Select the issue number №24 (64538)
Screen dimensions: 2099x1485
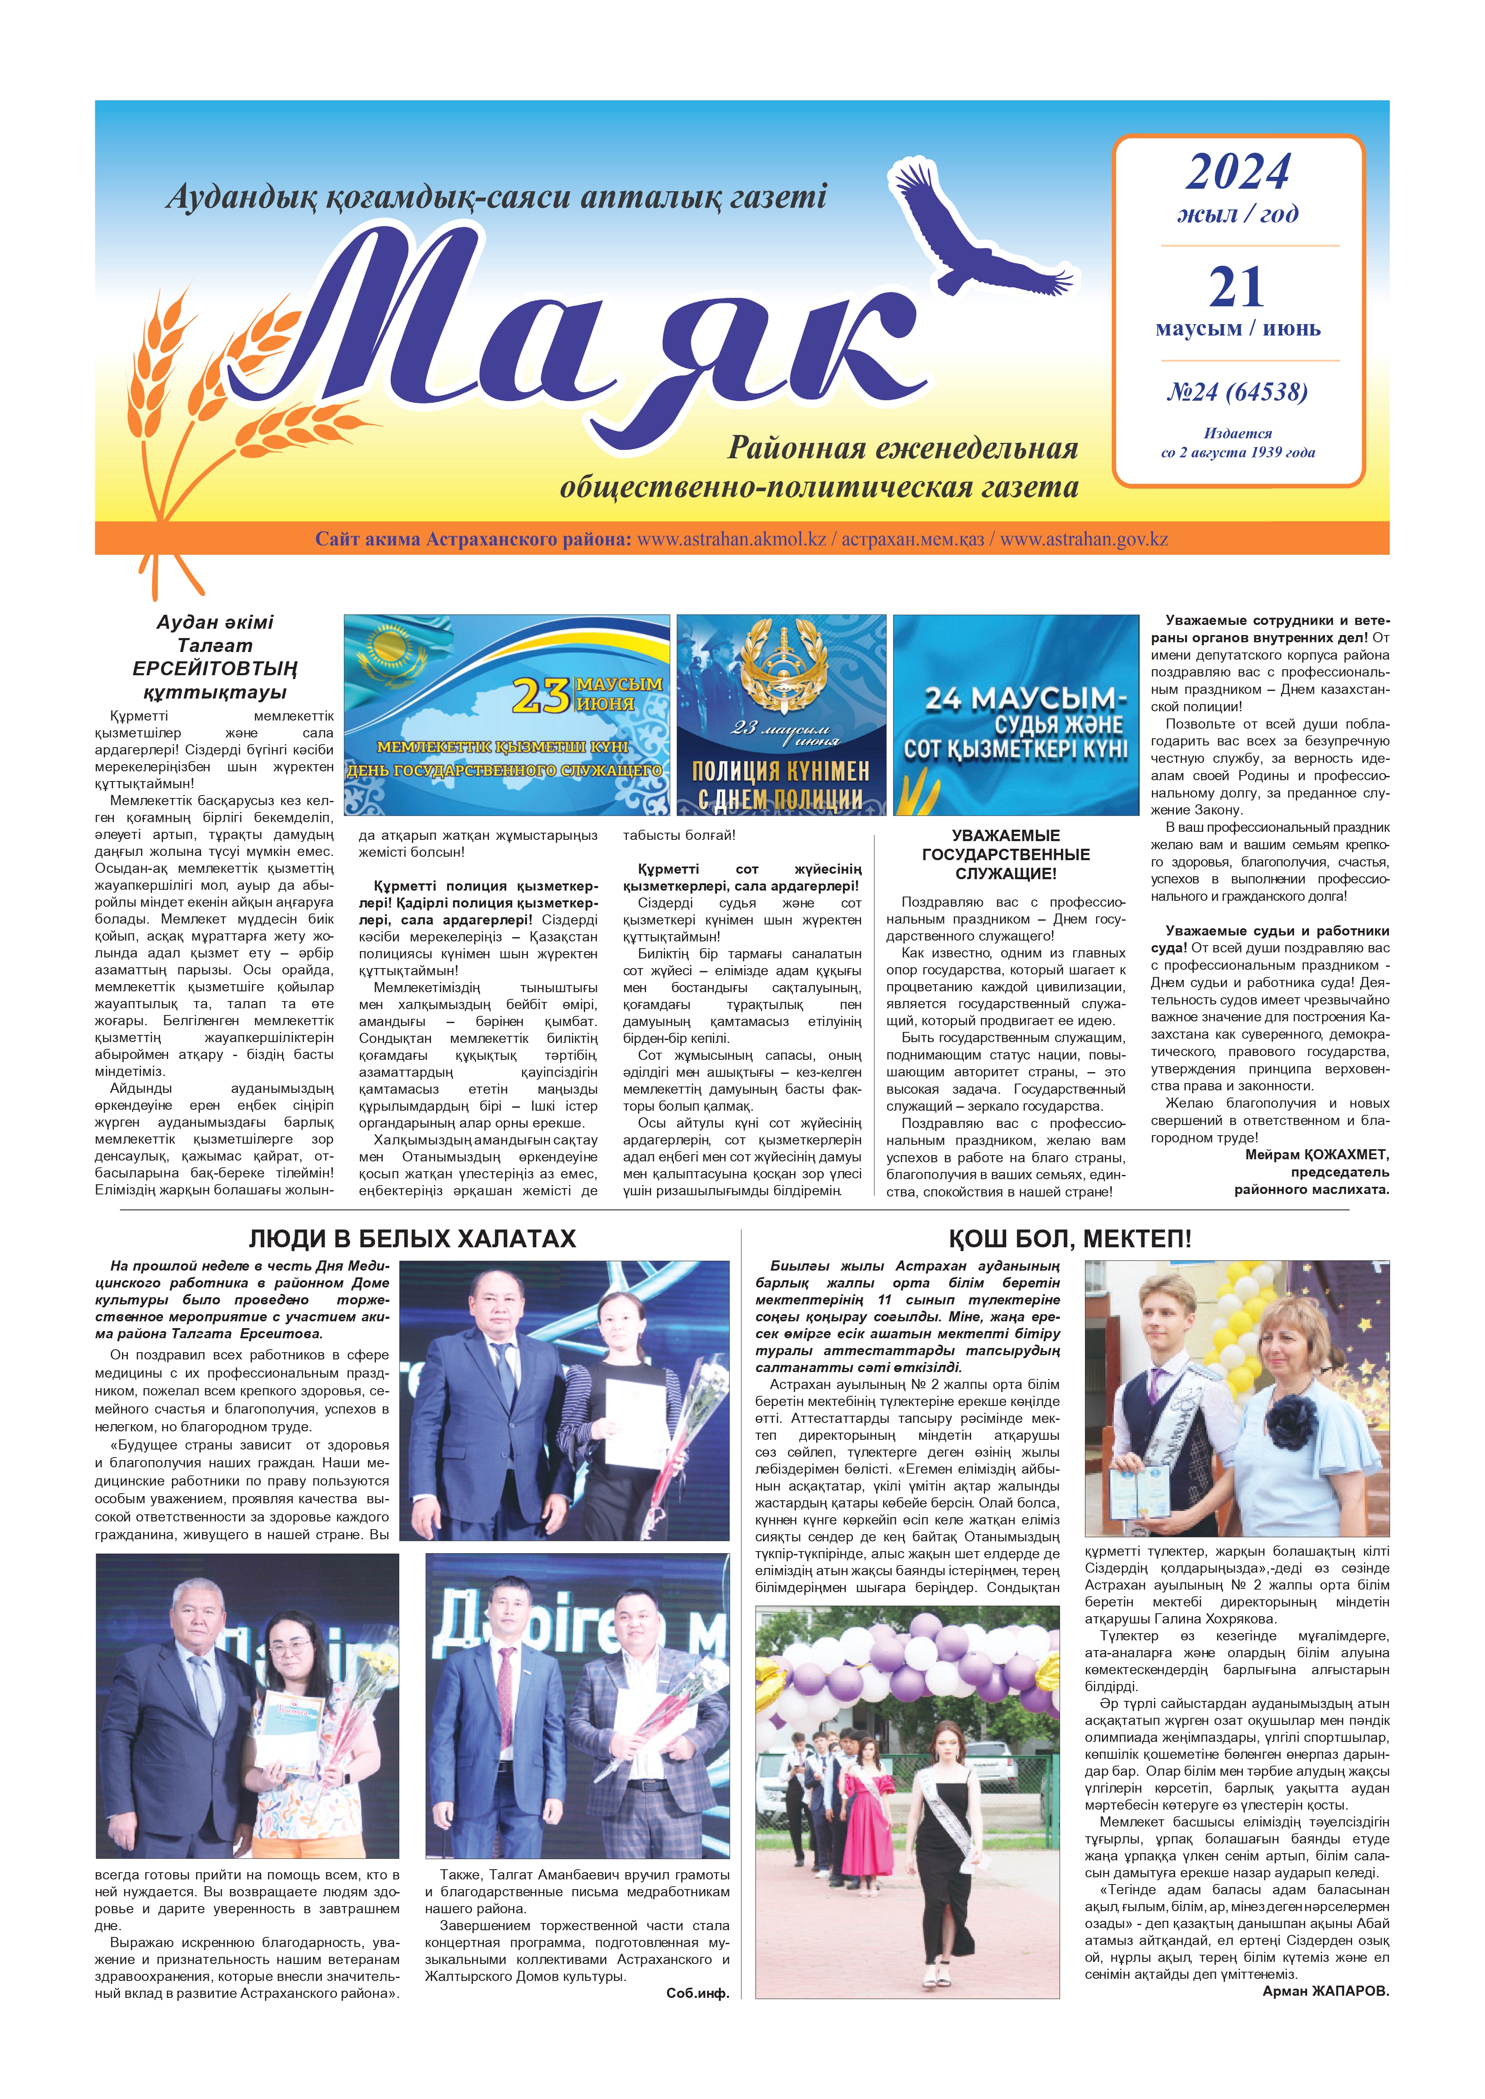[1237, 392]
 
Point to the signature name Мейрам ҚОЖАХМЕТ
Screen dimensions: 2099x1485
[1317, 1155]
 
